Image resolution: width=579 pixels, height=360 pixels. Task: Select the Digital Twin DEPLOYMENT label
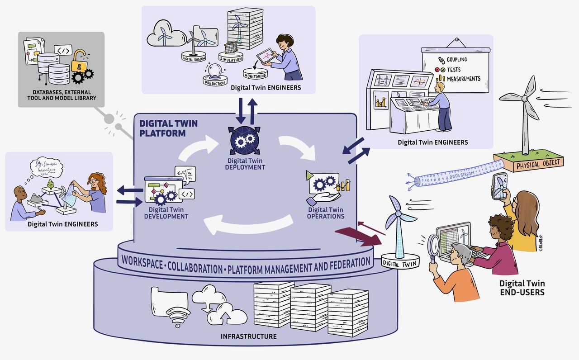click(245, 164)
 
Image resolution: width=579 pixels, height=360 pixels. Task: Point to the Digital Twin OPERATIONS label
click(326, 213)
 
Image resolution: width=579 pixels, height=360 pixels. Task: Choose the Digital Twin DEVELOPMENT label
click(166, 213)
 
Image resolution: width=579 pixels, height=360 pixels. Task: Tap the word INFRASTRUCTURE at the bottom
click(248, 336)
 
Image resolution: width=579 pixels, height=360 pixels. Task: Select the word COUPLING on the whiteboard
click(456, 60)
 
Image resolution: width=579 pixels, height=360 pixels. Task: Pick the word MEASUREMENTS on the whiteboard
click(463, 79)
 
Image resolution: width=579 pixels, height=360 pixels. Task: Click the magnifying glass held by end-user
click(433, 246)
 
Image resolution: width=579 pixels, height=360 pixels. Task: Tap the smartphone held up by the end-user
click(500, 186)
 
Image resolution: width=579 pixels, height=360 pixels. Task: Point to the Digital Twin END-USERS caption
click(522, 288)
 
